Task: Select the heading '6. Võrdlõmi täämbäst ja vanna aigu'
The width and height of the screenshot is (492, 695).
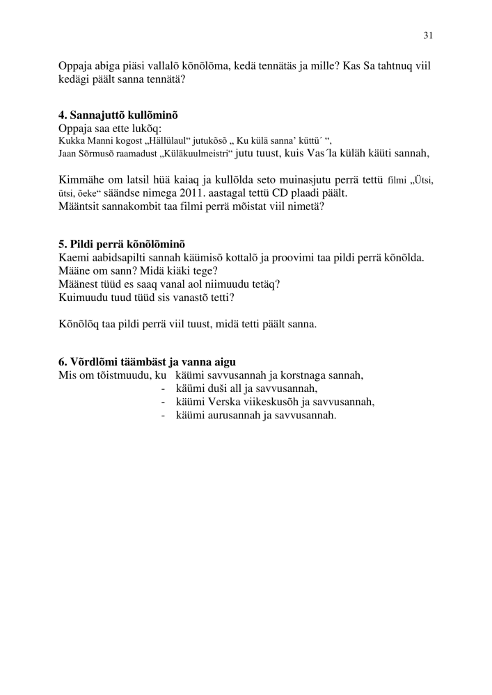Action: tap(147, 361)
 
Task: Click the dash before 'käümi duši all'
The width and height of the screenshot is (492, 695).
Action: tap(163, 389)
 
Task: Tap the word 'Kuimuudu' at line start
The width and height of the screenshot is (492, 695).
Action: tap(84, 297)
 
